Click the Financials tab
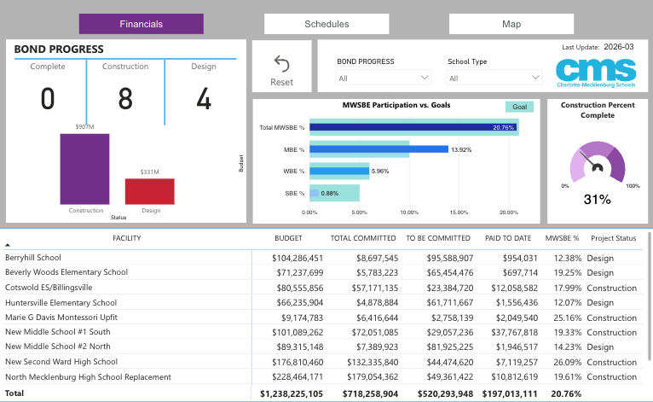coord(142,24)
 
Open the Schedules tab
coord(326,24)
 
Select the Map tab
coord(511,24)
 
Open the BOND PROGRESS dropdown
coord(383,78)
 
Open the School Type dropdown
coord(494,78)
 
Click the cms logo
coord(596,73)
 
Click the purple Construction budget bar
coord(85,169)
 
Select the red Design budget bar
coord(150,191)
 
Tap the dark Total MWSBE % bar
coord(413,127)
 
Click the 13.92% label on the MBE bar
coord(461,149)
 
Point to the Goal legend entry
coord(519,107)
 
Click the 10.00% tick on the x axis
coord(409,213)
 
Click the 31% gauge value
coord(598,200)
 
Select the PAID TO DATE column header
coord(508,238)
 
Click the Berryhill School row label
coord(33,258)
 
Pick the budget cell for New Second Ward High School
coord(298,362)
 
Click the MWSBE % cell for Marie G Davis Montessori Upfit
coord(567,318)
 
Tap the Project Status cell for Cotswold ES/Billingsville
coord(612,288)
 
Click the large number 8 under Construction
coord(125,99)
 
